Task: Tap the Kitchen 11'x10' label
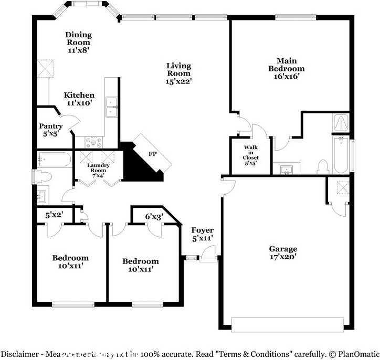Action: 79,99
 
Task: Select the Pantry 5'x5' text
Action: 51,130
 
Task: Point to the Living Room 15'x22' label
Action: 178,73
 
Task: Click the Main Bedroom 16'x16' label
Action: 286,69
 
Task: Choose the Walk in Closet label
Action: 250,156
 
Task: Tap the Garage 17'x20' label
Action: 283,252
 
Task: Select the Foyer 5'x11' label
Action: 202,234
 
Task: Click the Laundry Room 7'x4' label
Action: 98,170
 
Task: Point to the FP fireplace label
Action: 153,155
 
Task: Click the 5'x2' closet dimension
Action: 54,215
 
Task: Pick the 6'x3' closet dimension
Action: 154,216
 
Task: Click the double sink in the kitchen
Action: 111,107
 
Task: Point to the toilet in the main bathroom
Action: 323,166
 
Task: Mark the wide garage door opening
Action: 288,322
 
